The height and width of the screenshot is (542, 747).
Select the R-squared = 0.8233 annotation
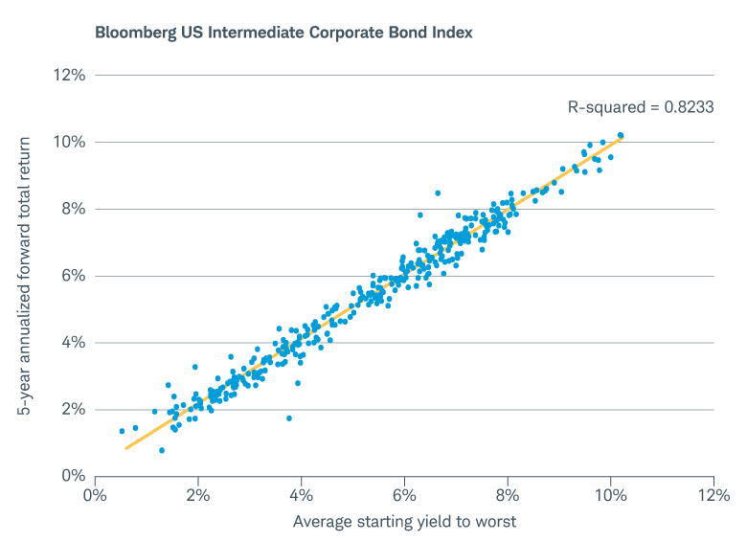click(x=641, y=107)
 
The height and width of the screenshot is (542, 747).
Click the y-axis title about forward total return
click(x=26, y=275)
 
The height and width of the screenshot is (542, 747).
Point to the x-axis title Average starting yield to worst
click(x=404, y=521)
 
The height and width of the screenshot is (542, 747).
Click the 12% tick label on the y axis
click(x=70, y=75)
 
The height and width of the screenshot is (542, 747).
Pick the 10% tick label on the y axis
click(x=70, y=142)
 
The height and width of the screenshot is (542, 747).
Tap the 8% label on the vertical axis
click(x=74, y=209)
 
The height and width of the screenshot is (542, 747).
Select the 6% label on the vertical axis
click(x=74, y=276)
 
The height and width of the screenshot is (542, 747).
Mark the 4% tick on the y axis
click(x=74, y=342)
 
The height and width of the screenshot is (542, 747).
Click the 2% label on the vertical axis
click(x=74, y=409)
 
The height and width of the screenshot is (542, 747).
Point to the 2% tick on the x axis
click(x=198, y=495)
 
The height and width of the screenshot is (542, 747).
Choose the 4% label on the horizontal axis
click(x=302, y=495)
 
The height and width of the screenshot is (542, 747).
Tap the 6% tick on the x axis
click(x=404, y=495)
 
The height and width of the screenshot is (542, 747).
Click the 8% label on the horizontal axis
click(x=508, y=495)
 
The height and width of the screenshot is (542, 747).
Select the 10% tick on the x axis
click(x=610, y=495)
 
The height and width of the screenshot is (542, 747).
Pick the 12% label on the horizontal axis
click(x=713, y=495)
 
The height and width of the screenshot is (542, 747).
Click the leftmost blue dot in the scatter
click(x=122, y=431)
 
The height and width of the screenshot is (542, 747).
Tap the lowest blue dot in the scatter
click(x=162, y=450)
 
